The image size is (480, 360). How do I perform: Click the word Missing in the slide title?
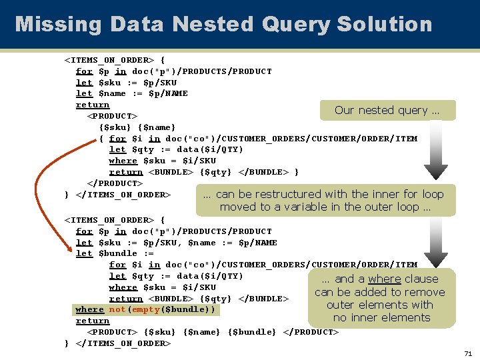tap(58, 25)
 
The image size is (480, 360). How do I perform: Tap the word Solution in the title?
tap(385, 25)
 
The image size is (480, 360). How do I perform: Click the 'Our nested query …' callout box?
tap(387, 111)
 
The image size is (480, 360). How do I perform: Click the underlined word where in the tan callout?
tap(385, 279)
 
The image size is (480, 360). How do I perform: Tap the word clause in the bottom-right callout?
tap(421, 279)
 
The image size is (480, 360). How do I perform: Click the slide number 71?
tap(468, 353)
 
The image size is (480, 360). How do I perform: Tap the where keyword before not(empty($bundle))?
tap(89, 310)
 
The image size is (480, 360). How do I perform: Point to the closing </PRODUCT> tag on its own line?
tap(115, 183)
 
